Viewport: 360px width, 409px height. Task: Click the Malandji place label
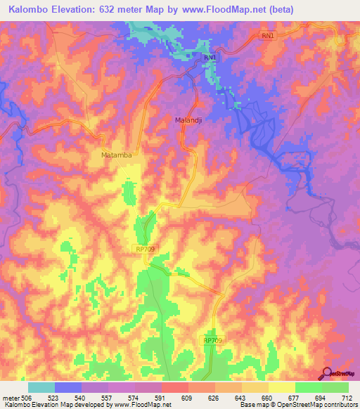[188, 120]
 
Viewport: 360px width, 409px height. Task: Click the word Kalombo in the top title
[29, 9]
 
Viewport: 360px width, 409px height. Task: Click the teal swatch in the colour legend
[41, 387]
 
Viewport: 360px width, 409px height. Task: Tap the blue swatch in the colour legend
[68, 387]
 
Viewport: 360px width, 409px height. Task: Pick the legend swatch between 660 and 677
[282, 387]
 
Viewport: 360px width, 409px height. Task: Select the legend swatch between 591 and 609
[175, 387]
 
